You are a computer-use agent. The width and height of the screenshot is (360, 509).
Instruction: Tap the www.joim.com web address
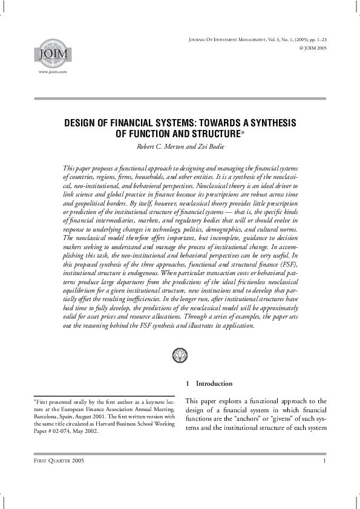click(x=52, y=71)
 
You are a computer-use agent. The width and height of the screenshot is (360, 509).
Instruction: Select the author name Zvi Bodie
click(x=210, y=146)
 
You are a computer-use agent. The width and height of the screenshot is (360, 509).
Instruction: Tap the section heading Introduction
click(x=214, y=383)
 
